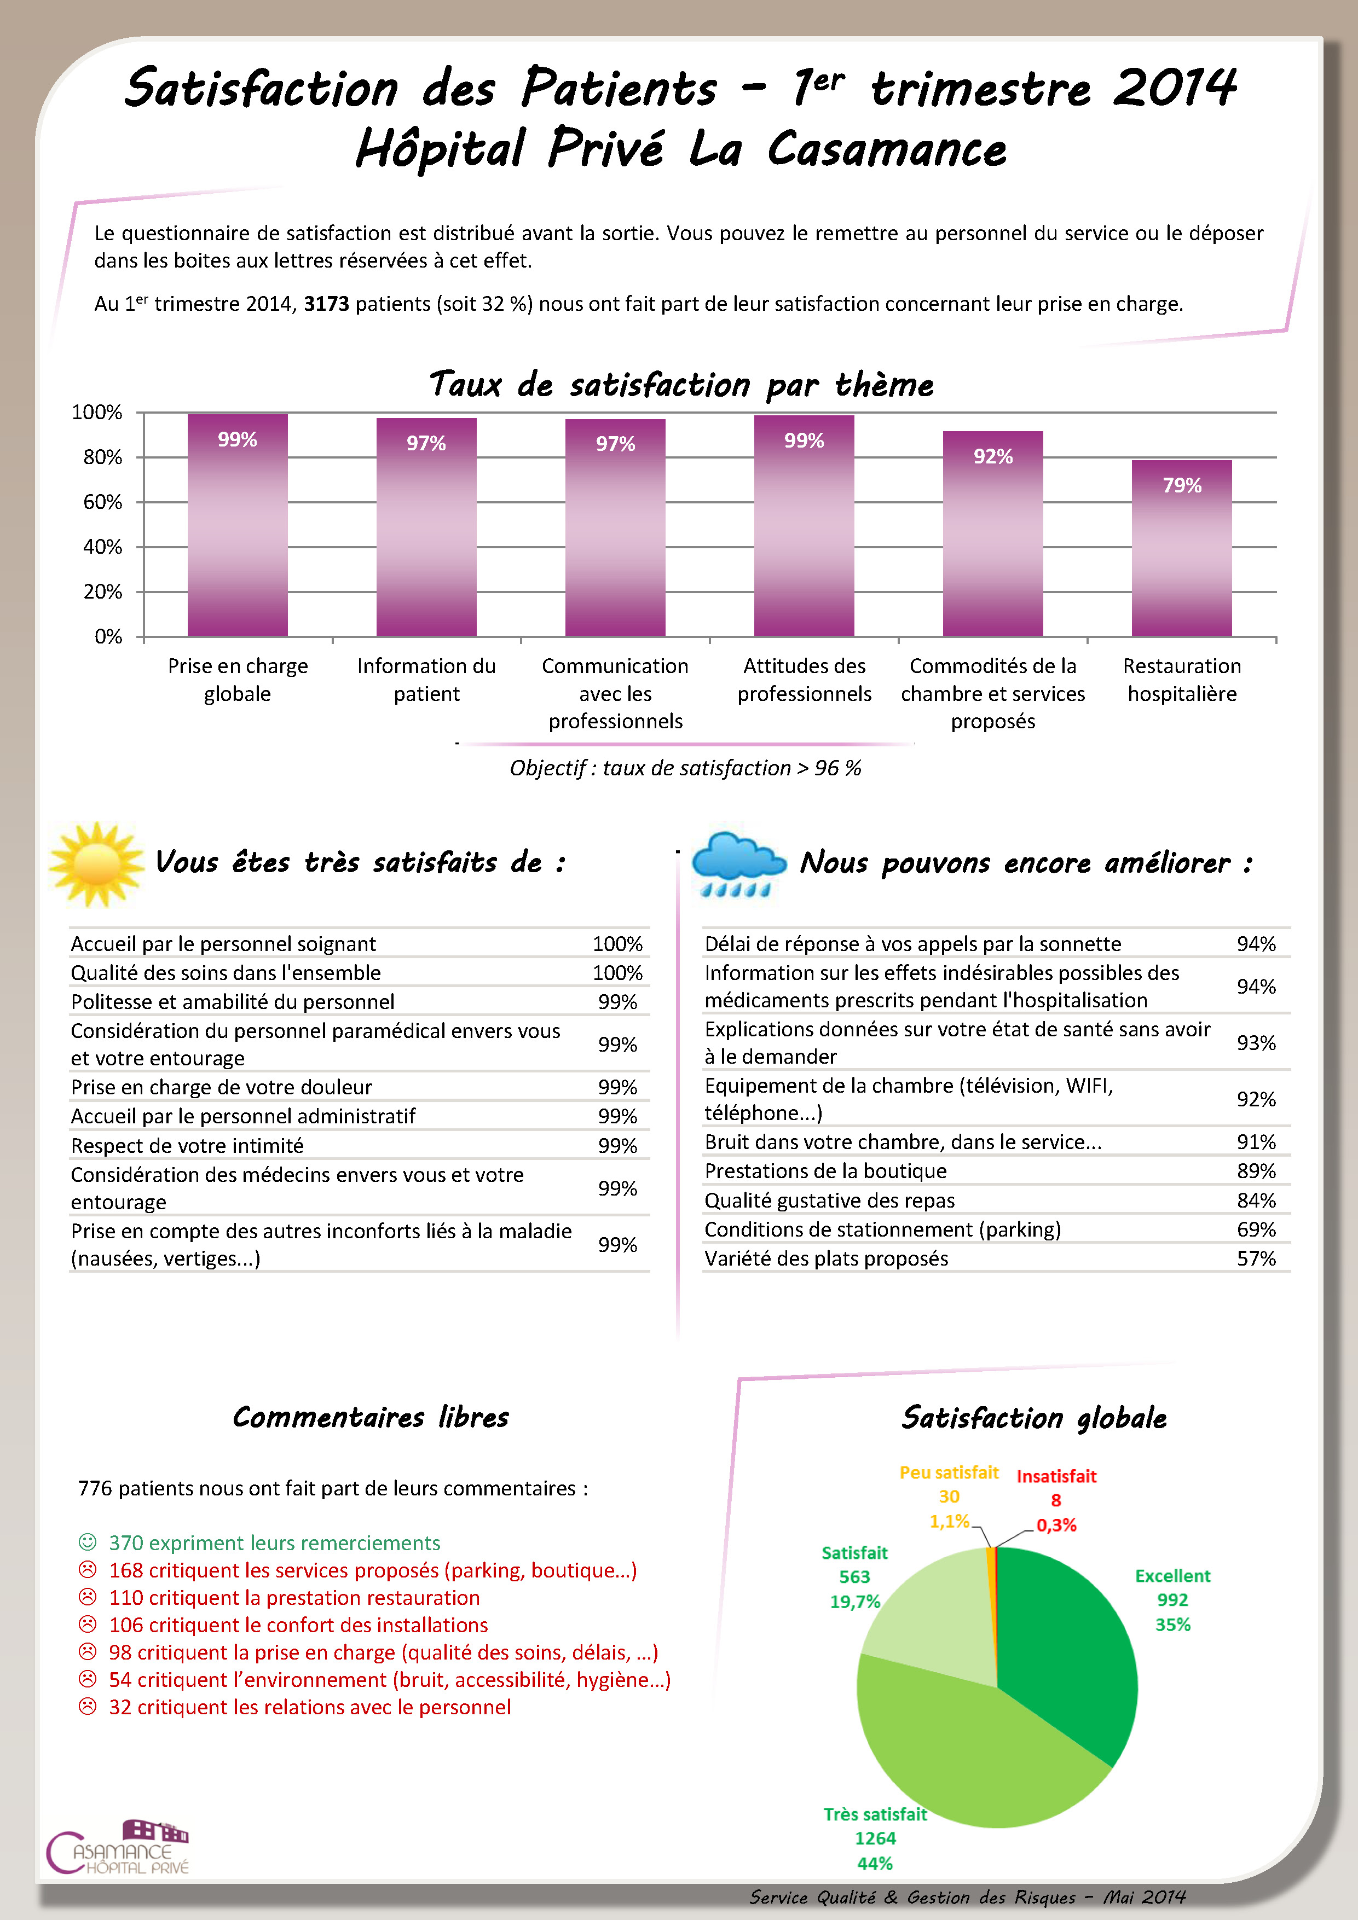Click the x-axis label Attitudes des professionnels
click(804, 680)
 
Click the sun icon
click(96, 864)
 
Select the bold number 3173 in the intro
click(326, 304)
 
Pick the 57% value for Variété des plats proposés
click(1256, 1258)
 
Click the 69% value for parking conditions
click(1256, 1229)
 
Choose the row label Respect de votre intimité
click(187, 1146)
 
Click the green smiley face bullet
click(87, 1541)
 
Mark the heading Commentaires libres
click(371, 1417)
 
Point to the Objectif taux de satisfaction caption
click(685, 768)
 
